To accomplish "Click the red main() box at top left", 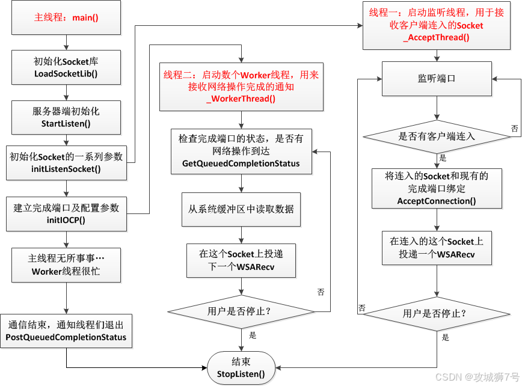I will [x=66, y=17].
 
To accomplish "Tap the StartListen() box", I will [x=66, y=117].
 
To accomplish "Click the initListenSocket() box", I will [x=66, y=162].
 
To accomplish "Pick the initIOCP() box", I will [x=66, y=213].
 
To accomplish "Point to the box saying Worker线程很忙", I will [x=66, y=265].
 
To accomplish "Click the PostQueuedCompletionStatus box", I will [x=66, y=331].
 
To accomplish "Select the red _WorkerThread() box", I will [x=241, y=87].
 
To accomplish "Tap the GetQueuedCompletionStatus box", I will [x=241, y=151].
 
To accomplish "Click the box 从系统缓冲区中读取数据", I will [x=241, y=209].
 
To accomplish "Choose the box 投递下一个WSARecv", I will [x=241, y=260].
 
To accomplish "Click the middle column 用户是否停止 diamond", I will [x=241, y=311].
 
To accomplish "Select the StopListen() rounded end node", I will [x=241, y=367].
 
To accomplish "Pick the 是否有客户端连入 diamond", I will [x=437, y=136].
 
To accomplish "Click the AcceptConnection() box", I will [x=437, y=188].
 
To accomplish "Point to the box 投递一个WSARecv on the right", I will [x=437, y=247].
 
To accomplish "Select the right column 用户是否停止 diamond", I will [x=437, y=313].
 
